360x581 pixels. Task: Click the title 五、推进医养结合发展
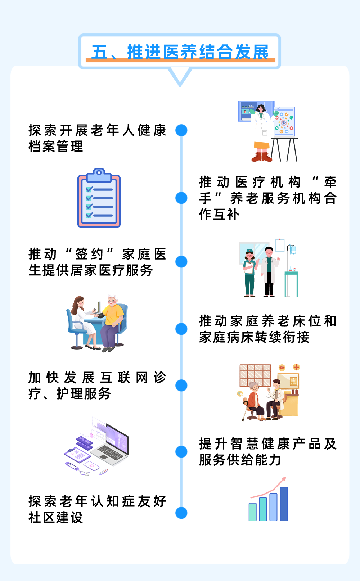click(x=180, y=52)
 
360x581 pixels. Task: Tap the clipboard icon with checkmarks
click(x=99, y=199)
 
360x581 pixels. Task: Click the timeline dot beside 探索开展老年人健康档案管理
click(x=181, y=130)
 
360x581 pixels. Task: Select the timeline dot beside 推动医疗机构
click(x=181, y=198)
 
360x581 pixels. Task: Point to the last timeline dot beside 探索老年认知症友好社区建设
click(x=181, y=513)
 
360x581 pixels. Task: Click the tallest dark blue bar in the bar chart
click(x=284, y=504)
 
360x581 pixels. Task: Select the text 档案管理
click(x=56, y=147)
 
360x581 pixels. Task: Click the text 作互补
click(x=219, y=214)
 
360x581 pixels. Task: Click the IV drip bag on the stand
click(x=292, y=249)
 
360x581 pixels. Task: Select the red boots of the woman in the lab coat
click(x=262, y=157)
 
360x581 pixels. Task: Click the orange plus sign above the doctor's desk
click(x=296, y=367)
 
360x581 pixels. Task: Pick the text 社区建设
click(x=56, y=518)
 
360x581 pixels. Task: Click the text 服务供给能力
click(x=240, y=460)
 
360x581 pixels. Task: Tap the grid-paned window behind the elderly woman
click(x=255, y=375)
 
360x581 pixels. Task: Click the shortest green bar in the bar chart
click(x=253, y=512)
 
